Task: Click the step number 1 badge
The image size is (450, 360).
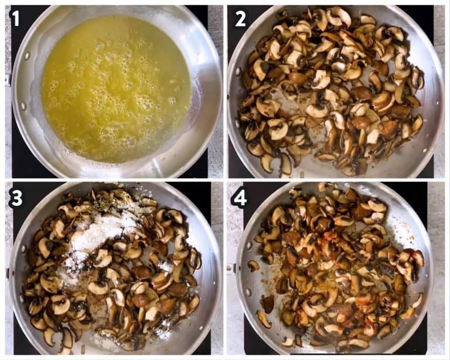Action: point(15,19)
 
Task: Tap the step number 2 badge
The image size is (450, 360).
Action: point(240,19)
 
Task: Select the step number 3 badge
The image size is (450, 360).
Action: point(16,198)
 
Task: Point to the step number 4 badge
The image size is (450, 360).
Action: point(239,198)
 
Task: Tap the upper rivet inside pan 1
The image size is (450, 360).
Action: point(27,56)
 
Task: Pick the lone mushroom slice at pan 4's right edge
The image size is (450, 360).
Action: point(417,300)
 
